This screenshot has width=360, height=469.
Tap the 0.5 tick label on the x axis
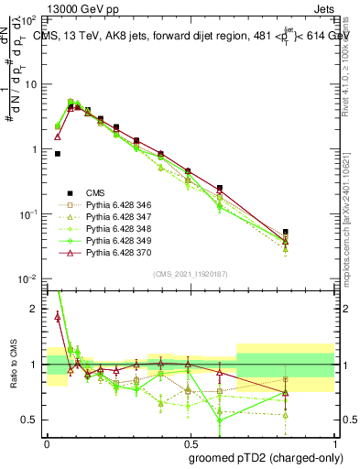[x=191, y=443]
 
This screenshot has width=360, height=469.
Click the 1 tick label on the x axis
[x=334, y=443]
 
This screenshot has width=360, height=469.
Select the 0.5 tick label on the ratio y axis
[x=31, y=420]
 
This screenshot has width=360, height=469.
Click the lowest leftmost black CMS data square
[x=58, y=154]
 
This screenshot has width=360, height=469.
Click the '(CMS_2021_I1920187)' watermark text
[x=191, y=272]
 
